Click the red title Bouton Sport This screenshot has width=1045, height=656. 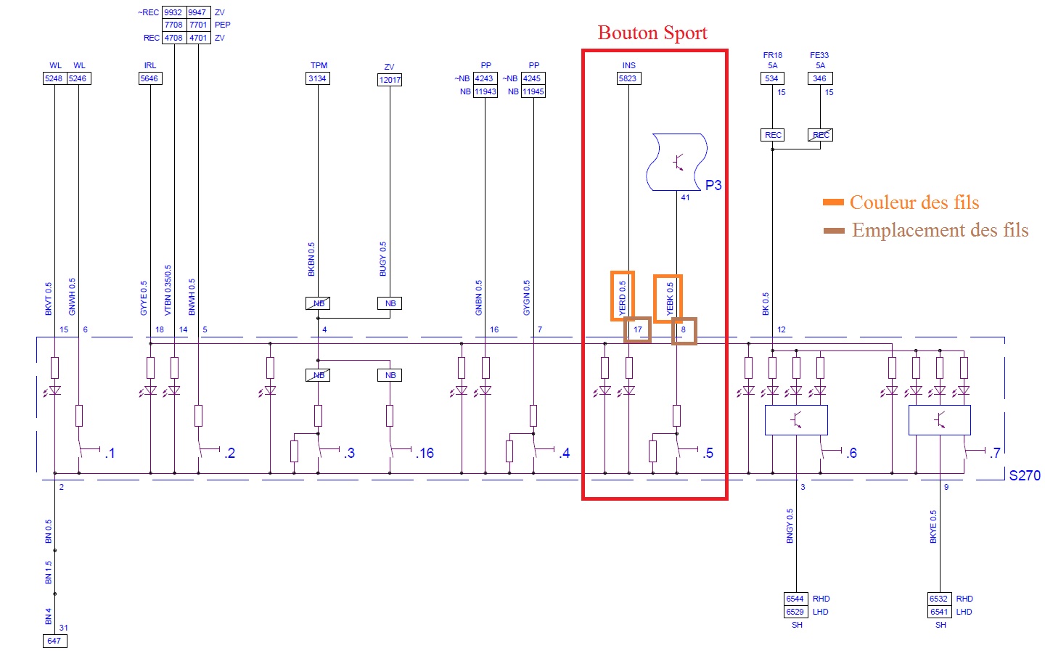click(652, 33)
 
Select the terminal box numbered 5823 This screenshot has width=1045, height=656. click(628, 78)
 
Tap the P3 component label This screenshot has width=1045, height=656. click(713, 185)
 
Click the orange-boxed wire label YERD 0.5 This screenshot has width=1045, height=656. click(622, 297)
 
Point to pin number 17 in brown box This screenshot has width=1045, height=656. click(637, 329)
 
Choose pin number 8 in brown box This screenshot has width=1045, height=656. click(683, 329)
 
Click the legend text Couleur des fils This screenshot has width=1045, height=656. click(914, 202)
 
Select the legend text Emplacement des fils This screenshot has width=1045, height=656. click(940, 231)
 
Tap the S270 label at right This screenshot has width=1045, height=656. click(1024, 475)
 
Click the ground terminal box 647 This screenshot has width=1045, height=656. click(54, 641)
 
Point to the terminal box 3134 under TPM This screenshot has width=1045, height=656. click(317, 78)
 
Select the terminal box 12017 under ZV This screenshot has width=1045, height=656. click(390, 80)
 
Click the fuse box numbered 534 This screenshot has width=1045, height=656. click(771, 78)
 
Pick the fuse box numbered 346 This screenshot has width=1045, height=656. click(819, 78)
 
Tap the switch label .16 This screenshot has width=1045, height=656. click(425, 454)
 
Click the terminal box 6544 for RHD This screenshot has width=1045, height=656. click(795, 599)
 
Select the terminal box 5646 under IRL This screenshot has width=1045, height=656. click(149, 78)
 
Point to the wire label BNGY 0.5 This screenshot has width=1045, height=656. click(790, 525)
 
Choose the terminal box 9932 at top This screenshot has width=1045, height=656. click(173, 12)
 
